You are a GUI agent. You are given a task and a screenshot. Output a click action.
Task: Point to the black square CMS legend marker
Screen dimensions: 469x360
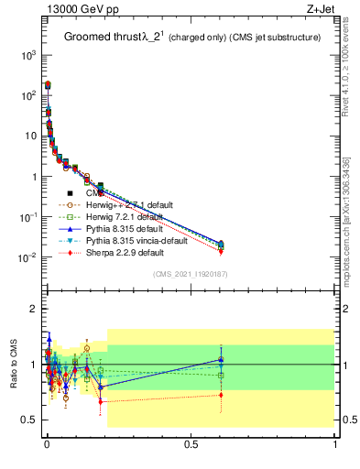[70, 193]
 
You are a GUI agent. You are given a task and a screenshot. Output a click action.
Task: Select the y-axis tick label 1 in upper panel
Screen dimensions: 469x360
[33, 176]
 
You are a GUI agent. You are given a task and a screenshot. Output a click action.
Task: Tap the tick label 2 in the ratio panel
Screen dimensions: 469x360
[33, 309]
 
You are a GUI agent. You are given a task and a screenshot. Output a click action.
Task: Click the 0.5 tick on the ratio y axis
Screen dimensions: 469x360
[28, 420]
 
